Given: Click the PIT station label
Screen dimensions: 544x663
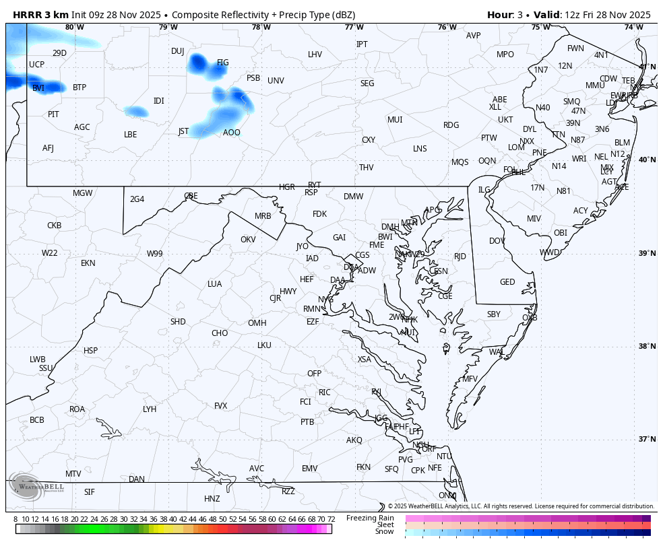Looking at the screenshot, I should pyautogui.click(x=53, y=114).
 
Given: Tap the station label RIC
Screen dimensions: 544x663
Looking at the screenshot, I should pyautogui.click(x=325, y=393).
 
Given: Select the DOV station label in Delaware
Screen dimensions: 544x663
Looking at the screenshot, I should pyautogui.click(x=497, y=241).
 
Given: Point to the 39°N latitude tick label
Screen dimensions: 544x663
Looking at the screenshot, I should pyautogui.click(x=647, y=253).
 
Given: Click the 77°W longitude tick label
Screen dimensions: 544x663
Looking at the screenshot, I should pyautogui.click(x=354, y=27).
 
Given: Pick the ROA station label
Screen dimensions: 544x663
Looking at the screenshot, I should pyautogui.click(x=77, y=409).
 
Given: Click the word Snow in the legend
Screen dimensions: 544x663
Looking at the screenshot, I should pyautogui.click(x=385, y=532).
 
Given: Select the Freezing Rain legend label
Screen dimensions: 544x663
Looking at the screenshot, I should pyautogui.click(x=370, y=518).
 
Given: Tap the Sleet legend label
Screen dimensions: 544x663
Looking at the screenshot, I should pyautogui.click(x=385, y=524).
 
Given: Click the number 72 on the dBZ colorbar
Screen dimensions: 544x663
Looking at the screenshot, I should pyautogui.click(x=331, y=519).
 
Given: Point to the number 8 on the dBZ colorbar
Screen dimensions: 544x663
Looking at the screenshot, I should pyautogui.click(x=15, y=519).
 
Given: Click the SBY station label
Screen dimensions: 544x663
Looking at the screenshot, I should pyautogui.click(x=494, y=314).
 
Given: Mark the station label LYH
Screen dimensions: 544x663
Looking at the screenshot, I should pyautogui.click(x=150, y=409).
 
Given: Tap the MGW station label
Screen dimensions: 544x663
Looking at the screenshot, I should pyautogui.click(x=83, y=193).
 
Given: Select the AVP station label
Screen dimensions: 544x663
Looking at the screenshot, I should pyautogui.click(x=474, y=36).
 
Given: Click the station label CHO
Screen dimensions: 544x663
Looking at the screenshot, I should pyautogui.click(x=220, y=333).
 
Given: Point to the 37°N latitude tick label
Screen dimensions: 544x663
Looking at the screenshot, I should pyautogui.click(x=647, y=439).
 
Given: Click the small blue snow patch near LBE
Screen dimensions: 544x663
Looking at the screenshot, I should pyautogui.click(x=136, y=111).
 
